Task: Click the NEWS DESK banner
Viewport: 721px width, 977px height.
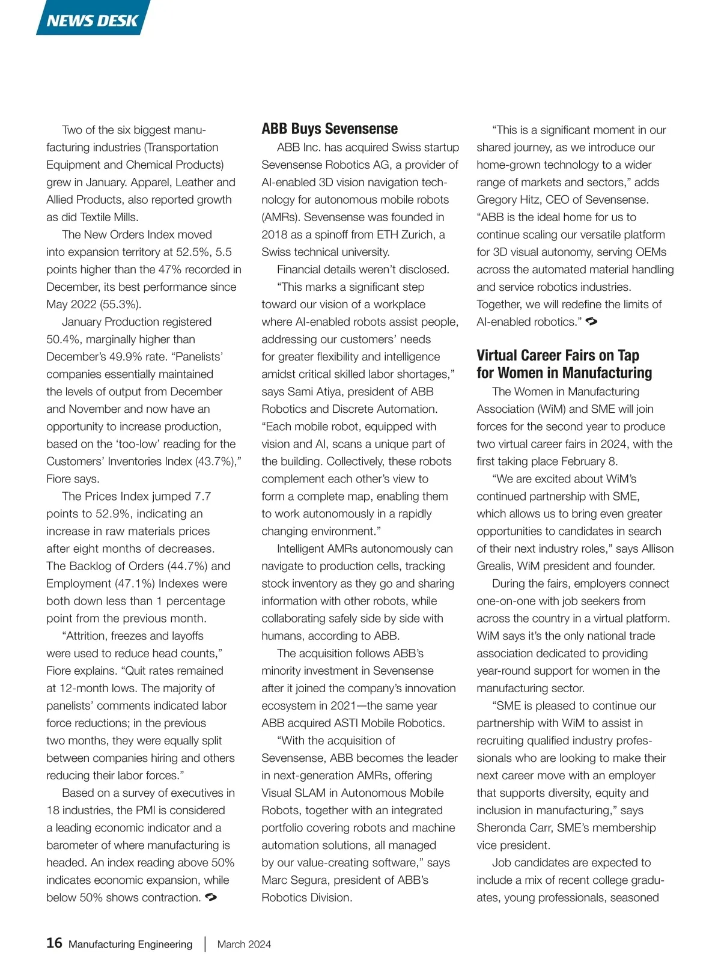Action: [x=93, y=20]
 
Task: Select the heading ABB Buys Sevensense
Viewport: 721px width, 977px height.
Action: [x=329, y=129]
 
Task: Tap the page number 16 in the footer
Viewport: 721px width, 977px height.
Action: [x=54, y=943]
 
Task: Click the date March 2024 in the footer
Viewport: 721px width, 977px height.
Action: [x=244, y=944]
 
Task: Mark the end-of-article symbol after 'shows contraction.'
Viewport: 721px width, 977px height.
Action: [x=211, y=897]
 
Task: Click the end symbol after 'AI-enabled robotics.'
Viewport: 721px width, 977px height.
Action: [x=591, y=321]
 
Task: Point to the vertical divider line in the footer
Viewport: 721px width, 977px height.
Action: [x=205, y=944]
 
